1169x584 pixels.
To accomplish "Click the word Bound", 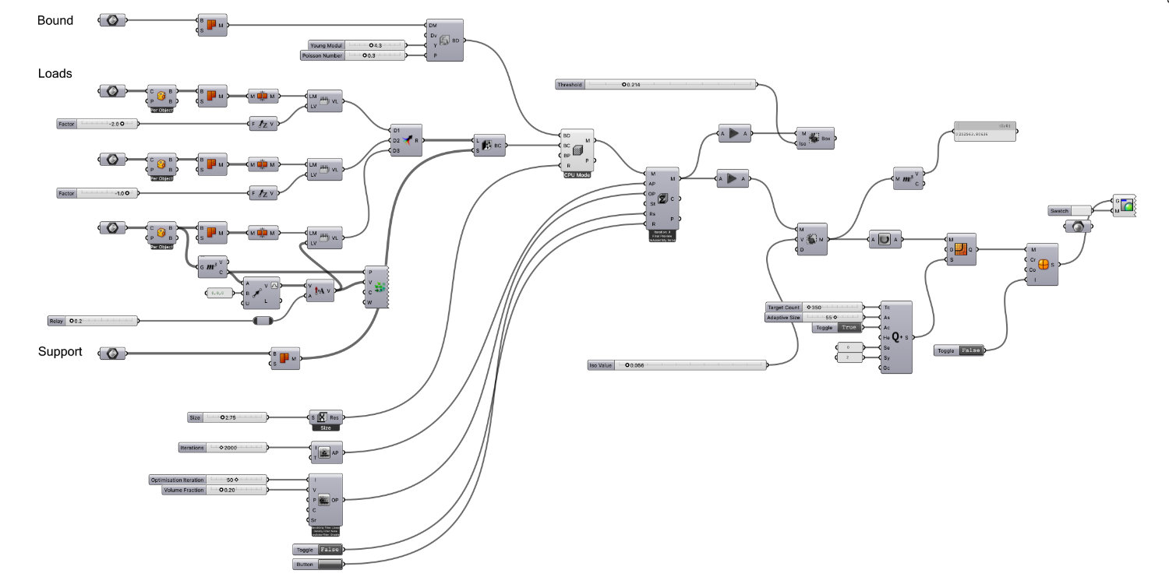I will point(55,21).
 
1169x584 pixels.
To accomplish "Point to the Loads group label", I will point(55,74).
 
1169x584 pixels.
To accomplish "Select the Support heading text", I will point(60,352).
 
